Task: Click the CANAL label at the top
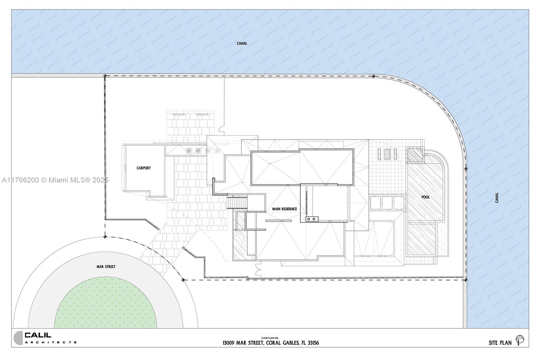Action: tap(242, 44)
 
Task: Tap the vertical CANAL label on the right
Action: tap(496, 198)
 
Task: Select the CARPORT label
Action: tap(144, 168)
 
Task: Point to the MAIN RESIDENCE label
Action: tap(285, 209)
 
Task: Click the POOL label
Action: tap(426, 197)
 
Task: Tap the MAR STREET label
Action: tap(106, 266)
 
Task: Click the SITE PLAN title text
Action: tap(500, 343)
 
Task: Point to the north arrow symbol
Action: tap(520, 340)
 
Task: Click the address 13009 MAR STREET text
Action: tap(243, 343)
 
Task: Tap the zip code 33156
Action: tap(313, 343)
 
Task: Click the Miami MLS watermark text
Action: tap(55, 180)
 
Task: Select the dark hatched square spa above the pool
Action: tap(415, 155)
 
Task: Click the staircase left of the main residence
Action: tap(237, 202)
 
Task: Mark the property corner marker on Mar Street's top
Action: tap(105, 237)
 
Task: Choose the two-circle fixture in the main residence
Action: tap(312, 219)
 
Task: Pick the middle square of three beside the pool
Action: tap(387, 203)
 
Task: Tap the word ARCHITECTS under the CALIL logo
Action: tap(51, 342)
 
